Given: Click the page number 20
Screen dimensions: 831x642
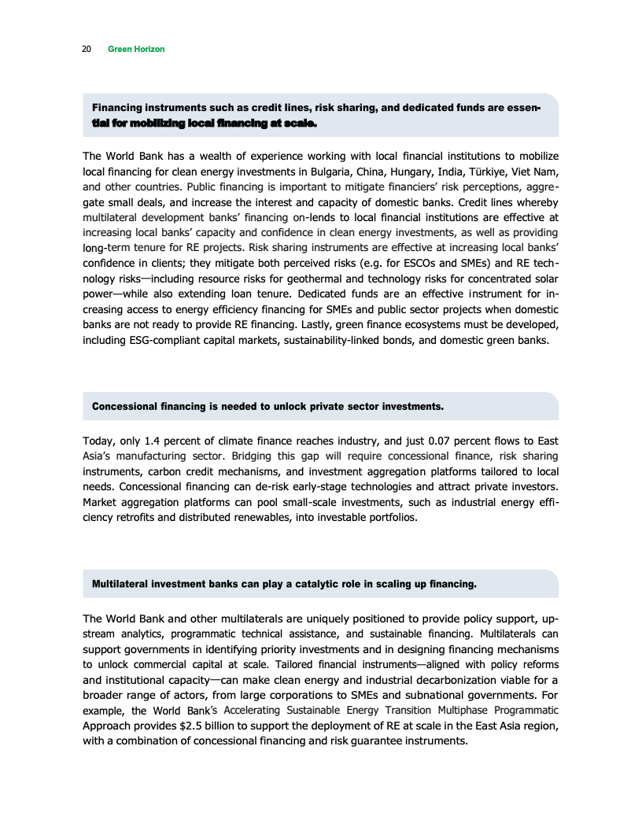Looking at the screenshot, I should pyautogui.click(x=85, y=49).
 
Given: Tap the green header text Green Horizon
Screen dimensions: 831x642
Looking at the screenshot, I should pyautogui.click(x=135, y=49).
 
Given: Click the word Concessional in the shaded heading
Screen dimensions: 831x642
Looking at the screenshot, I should pyautogui.click(x=127, y=407).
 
